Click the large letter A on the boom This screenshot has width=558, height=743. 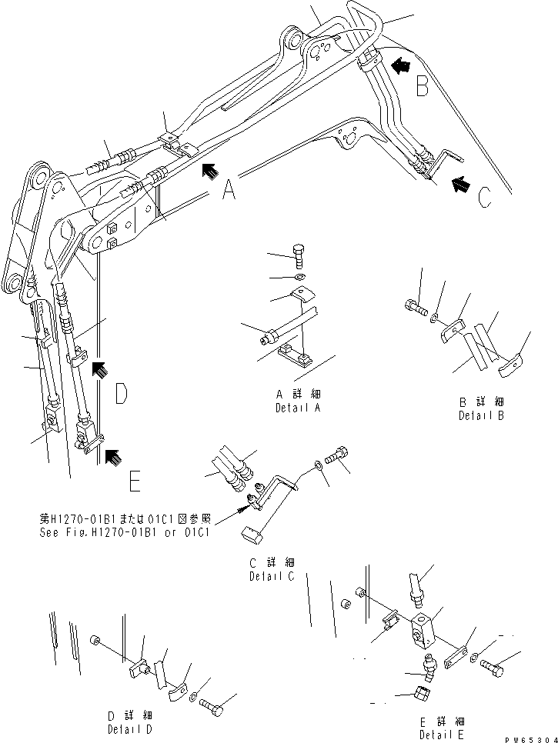(229, 189)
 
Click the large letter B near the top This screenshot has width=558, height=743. (422, 86)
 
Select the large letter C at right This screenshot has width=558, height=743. (483, 198)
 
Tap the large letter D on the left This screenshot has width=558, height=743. (121, 395)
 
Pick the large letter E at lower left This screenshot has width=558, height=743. (134, 482)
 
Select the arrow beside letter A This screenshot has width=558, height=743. (209, 170)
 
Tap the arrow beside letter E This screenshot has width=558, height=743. (113, 459)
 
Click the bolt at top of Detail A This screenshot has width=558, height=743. (300, 254)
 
